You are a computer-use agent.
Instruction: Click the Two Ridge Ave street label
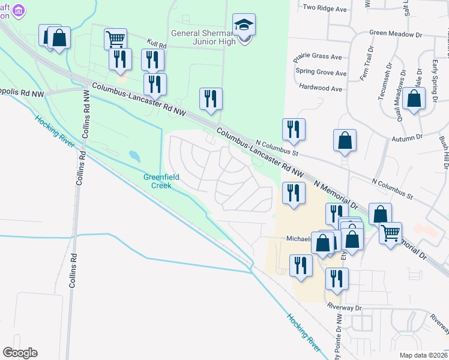pyautogui.click(x=325, y=8)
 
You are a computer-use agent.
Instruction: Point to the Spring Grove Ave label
pyautogui.click(x=321, y=73)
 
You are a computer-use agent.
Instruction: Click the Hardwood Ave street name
pyautogui.click(x=322, y=88)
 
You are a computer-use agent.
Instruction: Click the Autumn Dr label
pyautogui.click(x=407, y=137)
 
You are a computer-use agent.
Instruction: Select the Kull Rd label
pyautogui.click(x=155, y=43)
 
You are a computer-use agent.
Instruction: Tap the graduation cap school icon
pyautogui.click(x=244, y=25)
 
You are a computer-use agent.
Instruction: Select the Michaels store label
pyautogui.click(x=298, y=238)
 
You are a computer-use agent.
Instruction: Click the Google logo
pyautogui.click(x=20, y=353)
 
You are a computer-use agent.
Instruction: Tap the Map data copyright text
pyautogui.click(x=423, y=355)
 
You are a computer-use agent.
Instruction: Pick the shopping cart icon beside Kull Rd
pyautogui.click(x=115, y=40)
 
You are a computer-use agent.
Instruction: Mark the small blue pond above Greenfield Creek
pyautogui.click(x=134, y=157)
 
